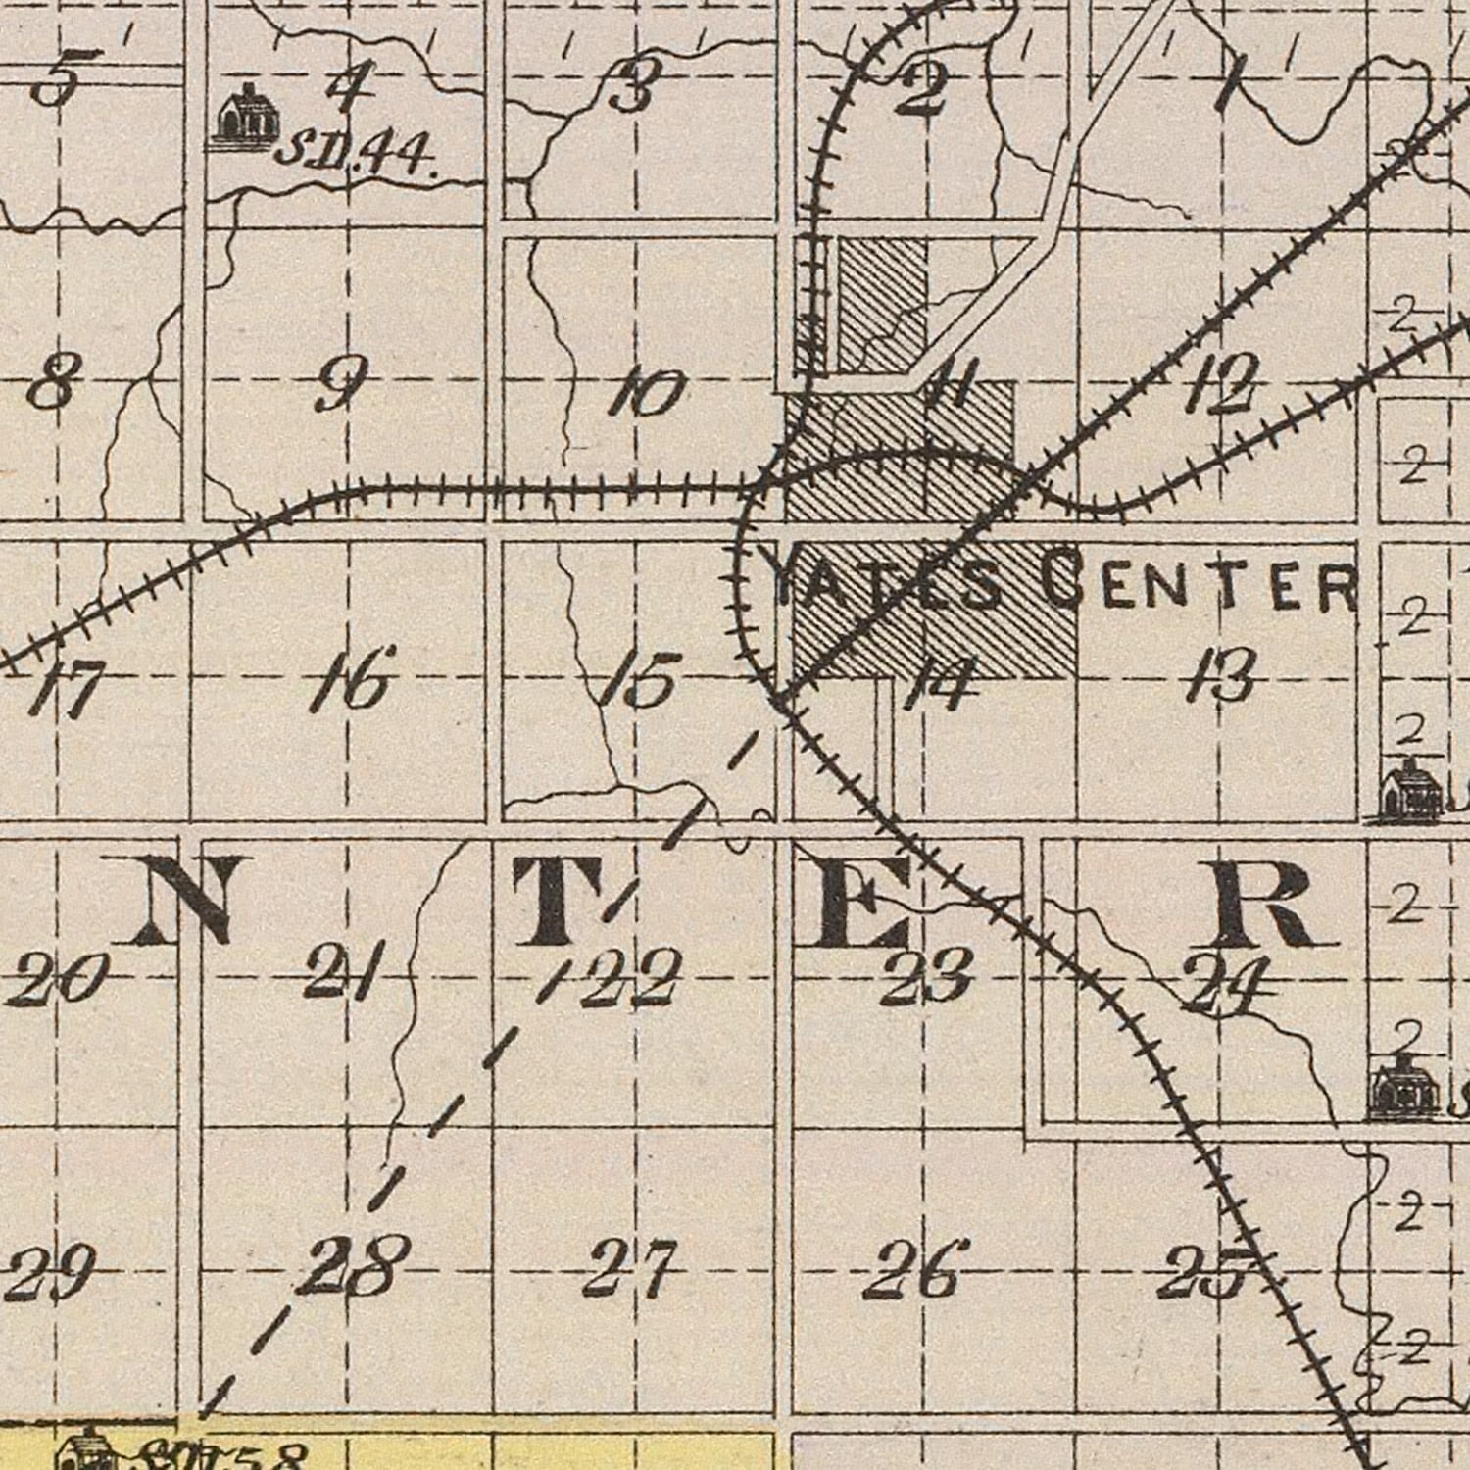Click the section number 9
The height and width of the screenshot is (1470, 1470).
[342, 383]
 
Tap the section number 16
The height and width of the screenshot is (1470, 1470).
[353, 677]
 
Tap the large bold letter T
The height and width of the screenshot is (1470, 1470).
[564, 900]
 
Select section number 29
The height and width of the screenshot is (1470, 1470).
[49, 1272]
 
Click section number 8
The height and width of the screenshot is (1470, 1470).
[49, 383]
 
